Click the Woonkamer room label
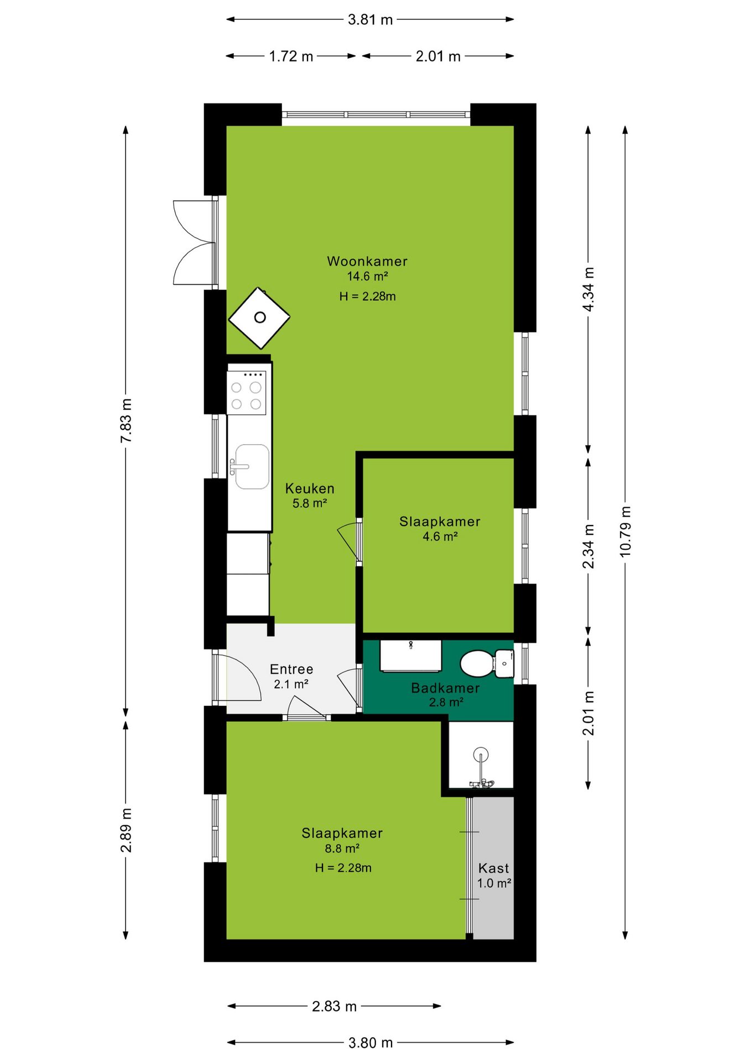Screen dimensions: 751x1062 pyautogui.click(x=367, y=261)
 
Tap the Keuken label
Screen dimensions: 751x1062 pyautogui.click(x=310, y=488)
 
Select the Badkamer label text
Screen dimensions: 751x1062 pyautogui.click(x=445, y=688)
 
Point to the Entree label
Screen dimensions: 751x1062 pyautogui.click(x=291, y=669)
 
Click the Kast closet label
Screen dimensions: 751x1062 pyautogui.click(x=493, y=868)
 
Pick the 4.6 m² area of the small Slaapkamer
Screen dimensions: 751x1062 pyautogui.click(x=440, y=537)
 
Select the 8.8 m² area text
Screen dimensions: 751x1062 pyautogui.click(x=342, y=848)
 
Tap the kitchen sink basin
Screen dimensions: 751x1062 pyautogui.click(x=252, y=467)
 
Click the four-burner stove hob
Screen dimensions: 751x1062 pyautogui.click(x=247, y=393)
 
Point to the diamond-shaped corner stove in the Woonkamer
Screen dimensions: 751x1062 pyautogui.click(x=259, y=318)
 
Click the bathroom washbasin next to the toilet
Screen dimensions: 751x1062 pyautogui.click(x=410, y=656)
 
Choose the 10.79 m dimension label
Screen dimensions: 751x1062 pyautogui.click(x=625, y=532)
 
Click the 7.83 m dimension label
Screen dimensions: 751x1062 pyautogui.click(x=126, y=420)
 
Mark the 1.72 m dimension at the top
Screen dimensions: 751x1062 pyautogui.click(x=291, y=56)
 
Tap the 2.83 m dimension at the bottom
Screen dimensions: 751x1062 pyautogui.click(x=334, y=1006)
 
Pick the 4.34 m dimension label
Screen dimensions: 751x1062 pyautogui.click(x=588, y=289)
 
